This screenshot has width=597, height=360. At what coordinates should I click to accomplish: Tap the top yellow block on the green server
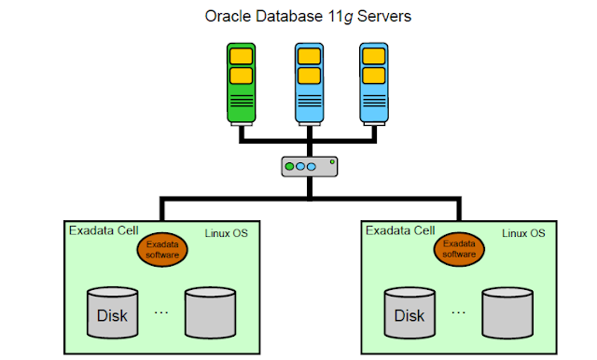point(242,55)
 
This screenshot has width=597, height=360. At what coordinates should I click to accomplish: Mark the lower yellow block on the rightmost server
point(373,75)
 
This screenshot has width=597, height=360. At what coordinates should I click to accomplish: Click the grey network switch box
point(309,167)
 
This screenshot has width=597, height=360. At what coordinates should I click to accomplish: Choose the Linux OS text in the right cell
point(524,233)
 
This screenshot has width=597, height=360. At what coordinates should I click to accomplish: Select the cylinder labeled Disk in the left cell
point(112,312)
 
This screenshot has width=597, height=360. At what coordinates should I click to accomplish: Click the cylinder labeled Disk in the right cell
point(409,312)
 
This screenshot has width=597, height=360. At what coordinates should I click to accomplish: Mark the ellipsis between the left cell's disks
point(160,312)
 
